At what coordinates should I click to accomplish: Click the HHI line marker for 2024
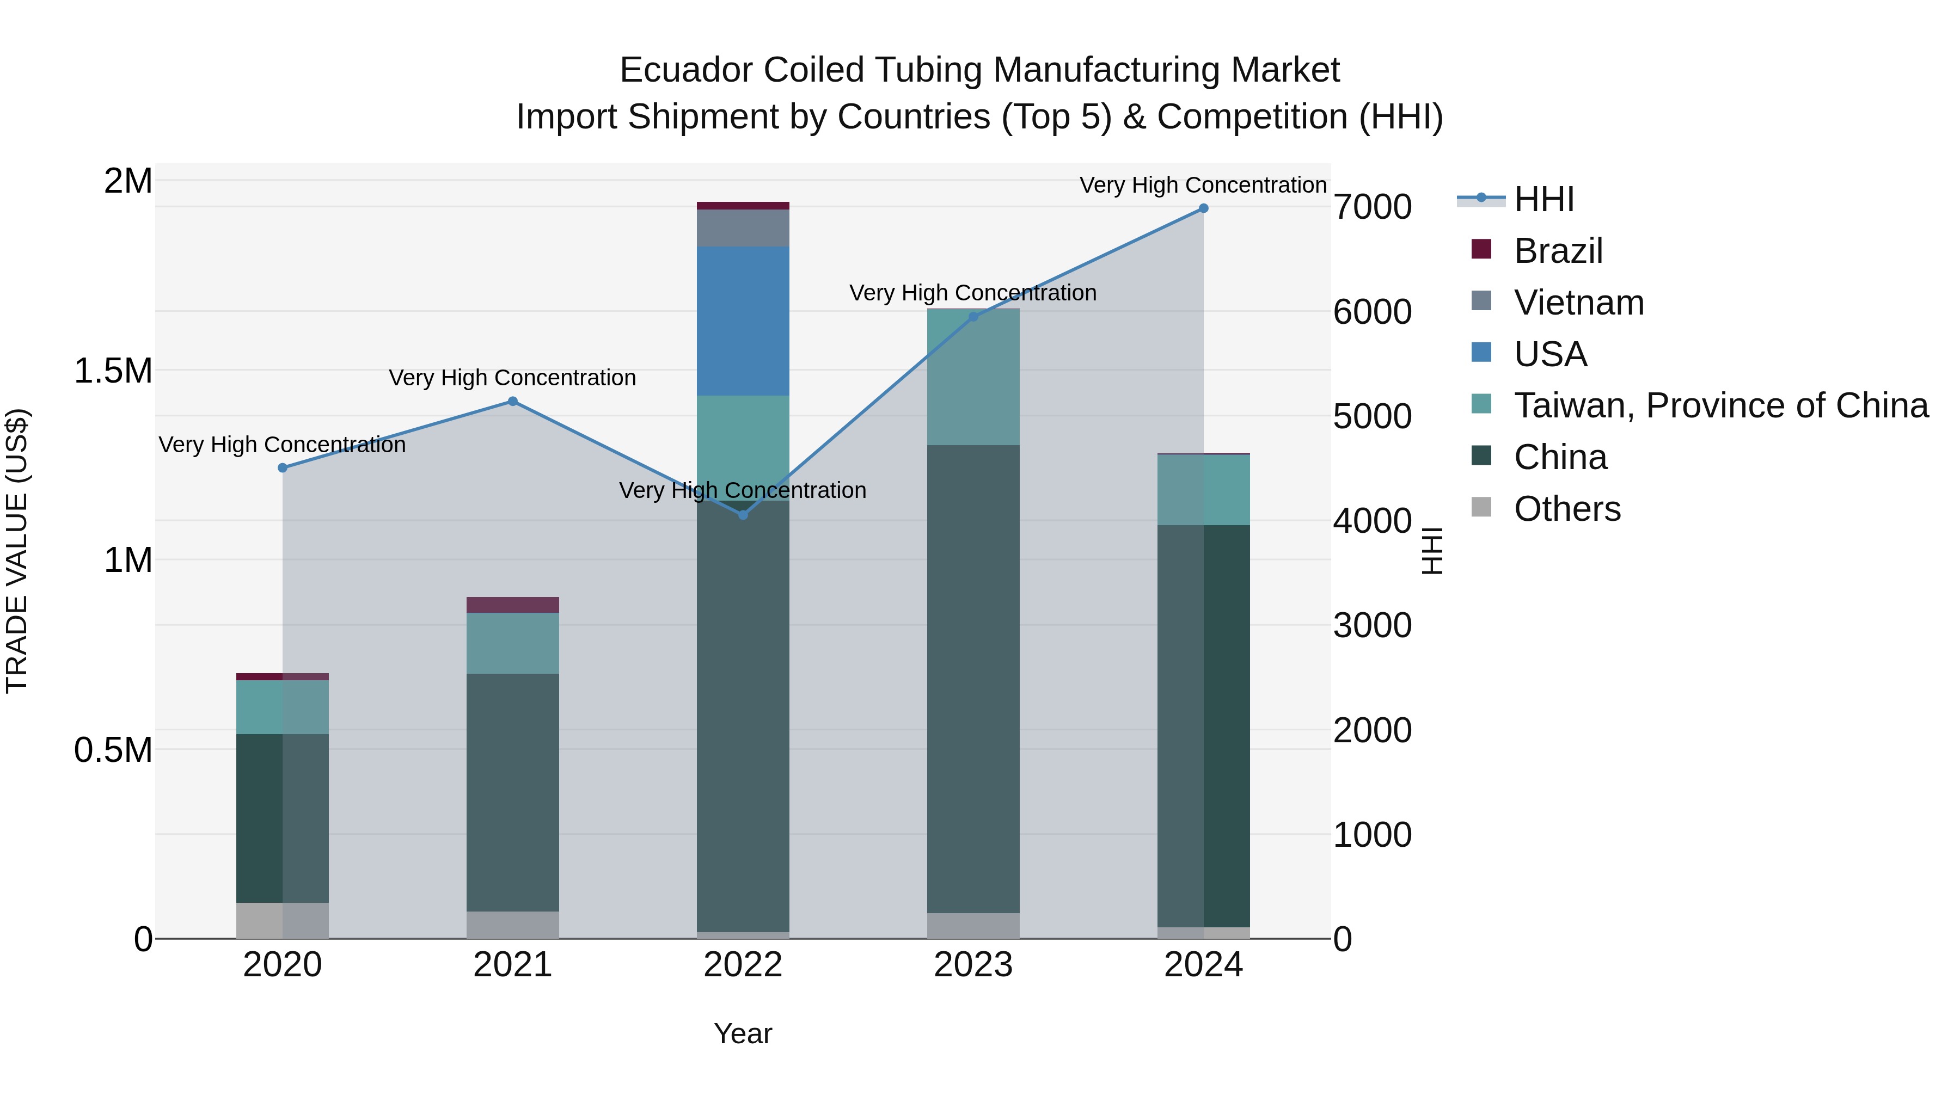click(x=1203, y=208)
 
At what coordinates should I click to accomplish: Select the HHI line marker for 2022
click(x=743, y=515)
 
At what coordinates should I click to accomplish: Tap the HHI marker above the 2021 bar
click(x=513, y=402)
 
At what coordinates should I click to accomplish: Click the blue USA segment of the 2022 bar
click(x=743, y=321)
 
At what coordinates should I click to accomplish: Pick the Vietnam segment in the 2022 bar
click(x=743, y=228)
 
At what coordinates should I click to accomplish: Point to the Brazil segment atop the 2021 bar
click(x=513, y=605)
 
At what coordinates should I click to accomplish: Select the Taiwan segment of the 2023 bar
click(x=973, y=377)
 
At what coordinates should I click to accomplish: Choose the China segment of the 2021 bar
click(x=513, y=791)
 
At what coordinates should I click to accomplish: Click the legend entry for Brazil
click(x=1558, y=251)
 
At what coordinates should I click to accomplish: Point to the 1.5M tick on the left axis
click(x=113, y=371)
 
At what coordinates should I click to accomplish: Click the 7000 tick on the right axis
click(x=1372, y=207)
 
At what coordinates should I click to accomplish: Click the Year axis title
click(x=743, y=1033)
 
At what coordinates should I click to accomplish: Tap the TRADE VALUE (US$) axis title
click(x=17, y=551)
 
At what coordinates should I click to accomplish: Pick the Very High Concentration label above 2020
click(x=281, y=445)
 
